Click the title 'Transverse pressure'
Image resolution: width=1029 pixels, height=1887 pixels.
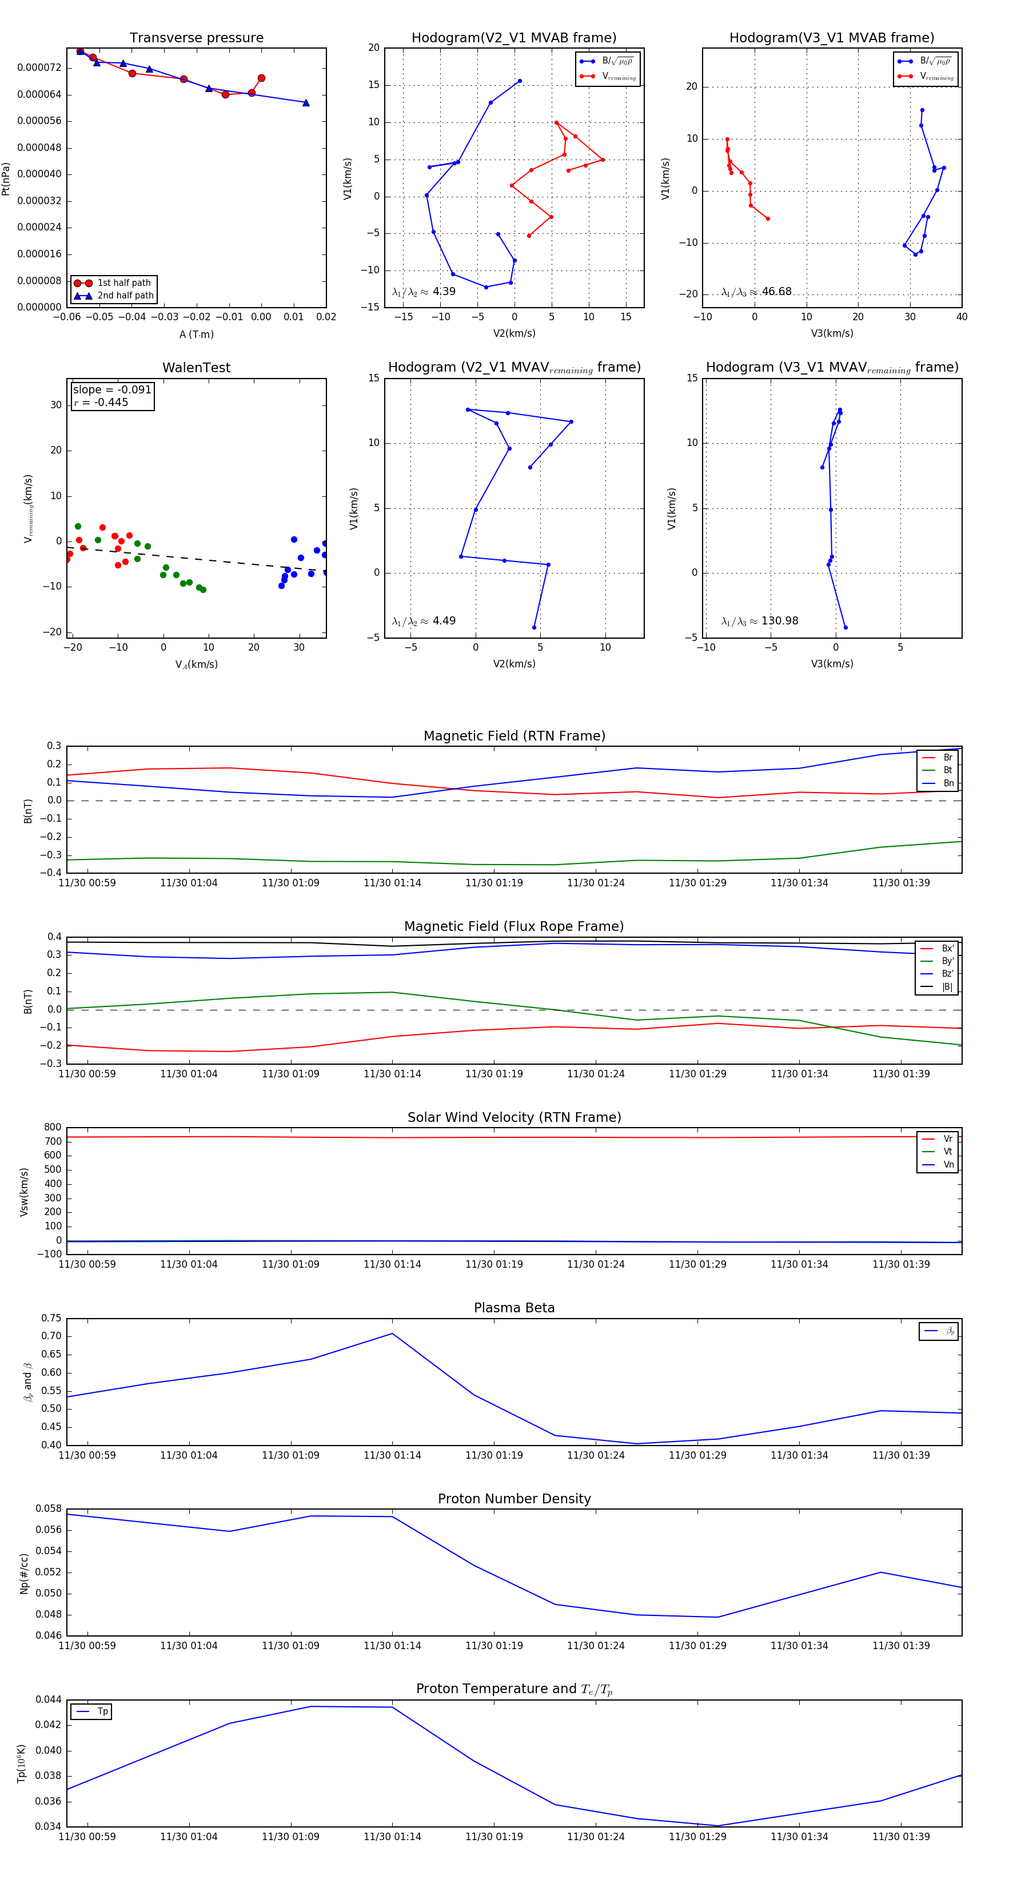[x=196, y=38]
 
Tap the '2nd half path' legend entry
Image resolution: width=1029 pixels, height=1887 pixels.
[x=125, y=296]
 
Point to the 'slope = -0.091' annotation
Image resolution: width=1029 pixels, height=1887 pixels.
[x=112, y=390]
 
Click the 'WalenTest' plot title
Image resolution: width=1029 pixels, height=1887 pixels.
[x=196, y=368]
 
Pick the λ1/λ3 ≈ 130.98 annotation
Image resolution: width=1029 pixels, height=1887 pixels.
[x=760, y=621]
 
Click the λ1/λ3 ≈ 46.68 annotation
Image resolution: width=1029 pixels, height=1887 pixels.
[x=756, y=292]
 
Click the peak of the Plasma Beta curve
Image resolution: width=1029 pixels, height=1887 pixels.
[x=393, y=1333]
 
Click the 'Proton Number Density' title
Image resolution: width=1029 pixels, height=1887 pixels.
[x=514, y=1499]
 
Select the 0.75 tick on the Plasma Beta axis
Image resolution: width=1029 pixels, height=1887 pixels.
[x=51, y=1318]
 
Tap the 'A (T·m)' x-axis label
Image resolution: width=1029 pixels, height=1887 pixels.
[x=196, y=335]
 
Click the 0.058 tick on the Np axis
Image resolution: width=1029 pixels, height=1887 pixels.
[x=49, y=1508]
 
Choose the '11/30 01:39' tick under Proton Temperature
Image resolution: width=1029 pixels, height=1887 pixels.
[x=901, y=1837]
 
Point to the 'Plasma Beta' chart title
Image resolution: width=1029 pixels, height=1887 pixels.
[x=514, y=1308]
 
